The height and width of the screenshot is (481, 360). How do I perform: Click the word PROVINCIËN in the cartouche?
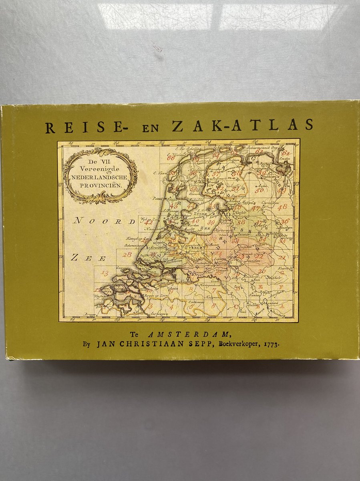pyautogui.click(x=101, y=186)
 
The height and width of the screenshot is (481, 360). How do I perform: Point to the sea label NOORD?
pyautogui.click(x=103, y=220)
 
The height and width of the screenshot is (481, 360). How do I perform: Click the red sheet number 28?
pyautogui.click(x=127, y=255)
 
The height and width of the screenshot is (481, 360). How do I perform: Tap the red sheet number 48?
pyautogui.click(x=282, y=207)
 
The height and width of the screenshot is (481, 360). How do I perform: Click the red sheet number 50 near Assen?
pyautogui.click(x=259, y=190)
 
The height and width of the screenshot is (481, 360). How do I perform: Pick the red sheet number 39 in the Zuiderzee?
pyautogui.click(x=211, y=222)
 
